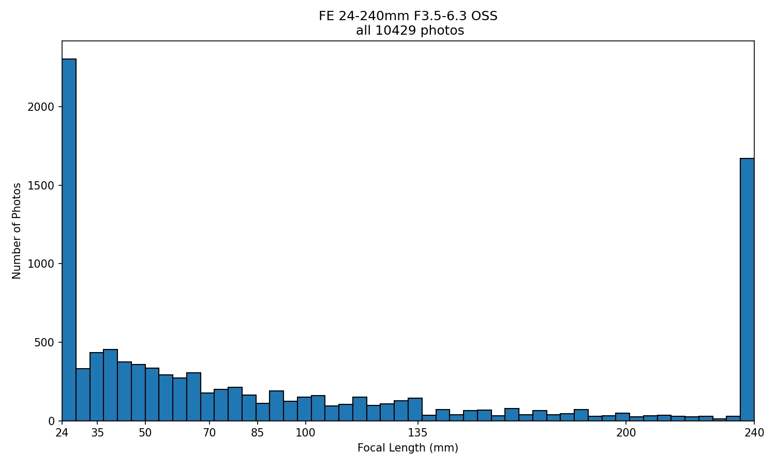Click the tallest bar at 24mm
(x=69, y=240)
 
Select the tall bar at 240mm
(x=747, y=289)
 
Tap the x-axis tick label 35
(x=97, y=433)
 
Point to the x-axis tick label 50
(x=145, y=433)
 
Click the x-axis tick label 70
(x=209, y=433)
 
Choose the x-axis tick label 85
(x=258, y=433)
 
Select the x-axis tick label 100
(x=305, y=433)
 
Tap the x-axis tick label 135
(x=417, y=433)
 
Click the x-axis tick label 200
(x=626, y=433)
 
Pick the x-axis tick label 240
(x=754, y=433)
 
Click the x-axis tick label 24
(x=62, y=433)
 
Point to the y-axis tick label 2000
(x=41, y=107)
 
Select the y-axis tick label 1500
(x=41, y=185)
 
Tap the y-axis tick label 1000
(x=41, y=264)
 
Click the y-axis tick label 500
(x=44, y=343)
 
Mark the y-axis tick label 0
(x=51, y=421)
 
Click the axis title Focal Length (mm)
(x=408, y=448)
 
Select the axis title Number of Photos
(x=16, y=231)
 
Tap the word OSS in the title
(x=486, y=16)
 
